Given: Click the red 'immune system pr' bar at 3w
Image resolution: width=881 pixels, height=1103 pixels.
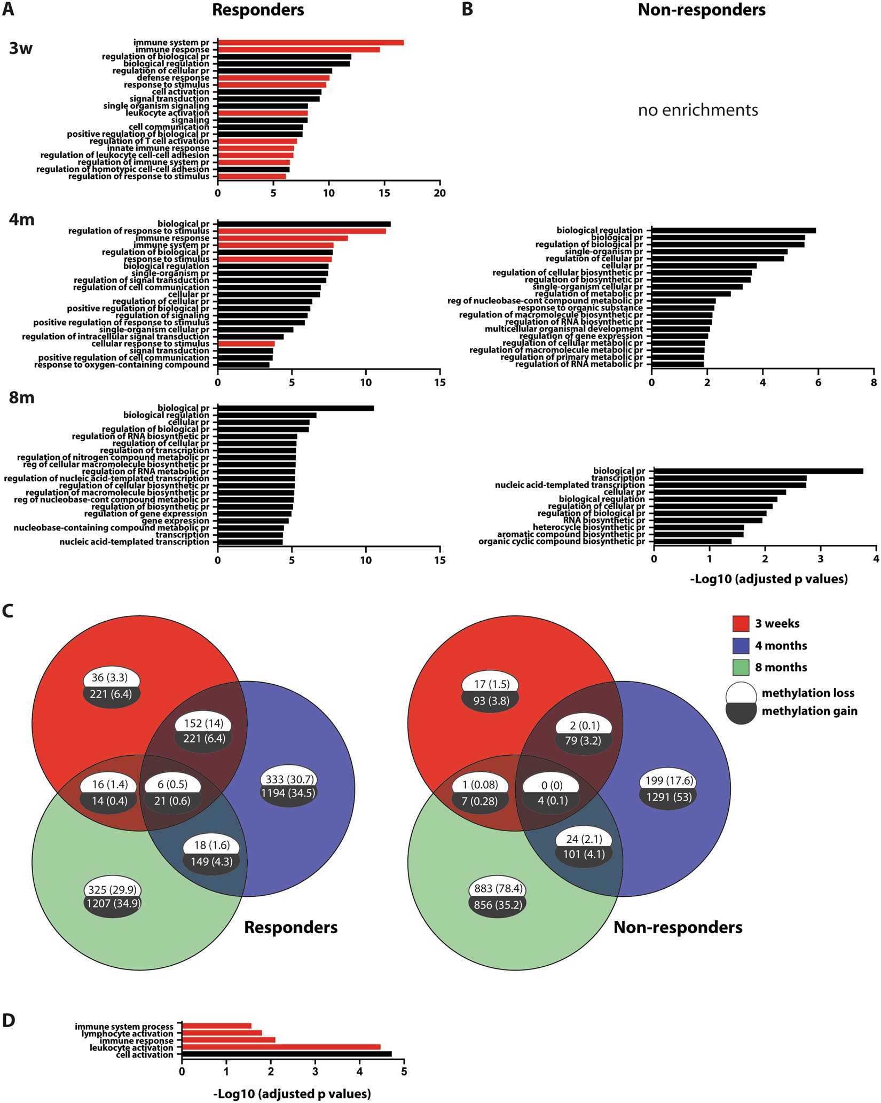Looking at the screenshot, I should click(x=310, y=43).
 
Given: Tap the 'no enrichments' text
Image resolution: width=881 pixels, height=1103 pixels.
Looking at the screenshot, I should click(x=698, y=110).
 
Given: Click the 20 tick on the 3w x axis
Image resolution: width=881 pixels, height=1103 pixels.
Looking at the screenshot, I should click(x=439, y=193).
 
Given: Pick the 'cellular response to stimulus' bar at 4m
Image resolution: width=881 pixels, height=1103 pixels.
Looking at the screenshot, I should click(x=246, y=344).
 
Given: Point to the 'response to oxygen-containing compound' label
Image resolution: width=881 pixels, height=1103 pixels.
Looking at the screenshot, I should click(x=122, y=365).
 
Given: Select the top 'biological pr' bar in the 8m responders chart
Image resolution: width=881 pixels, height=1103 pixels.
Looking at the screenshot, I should click(x=295, y=408).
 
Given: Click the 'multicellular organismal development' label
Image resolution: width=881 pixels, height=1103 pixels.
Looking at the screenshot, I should click(x=564, y=329).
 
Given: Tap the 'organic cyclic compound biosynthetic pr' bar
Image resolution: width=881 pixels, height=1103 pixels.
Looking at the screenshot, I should click(x=693, y=542).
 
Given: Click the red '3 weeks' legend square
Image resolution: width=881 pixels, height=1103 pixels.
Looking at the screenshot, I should click(x=741, y=623).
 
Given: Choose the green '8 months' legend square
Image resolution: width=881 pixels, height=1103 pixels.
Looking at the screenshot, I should click(x=741, y=667).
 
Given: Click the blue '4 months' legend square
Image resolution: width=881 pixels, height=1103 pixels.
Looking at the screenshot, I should click(x=741, y=645).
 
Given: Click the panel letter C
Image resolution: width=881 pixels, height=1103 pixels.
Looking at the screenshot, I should click(x=8, y=612).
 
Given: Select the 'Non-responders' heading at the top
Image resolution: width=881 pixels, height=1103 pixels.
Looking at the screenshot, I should click(x=702, y=10).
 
